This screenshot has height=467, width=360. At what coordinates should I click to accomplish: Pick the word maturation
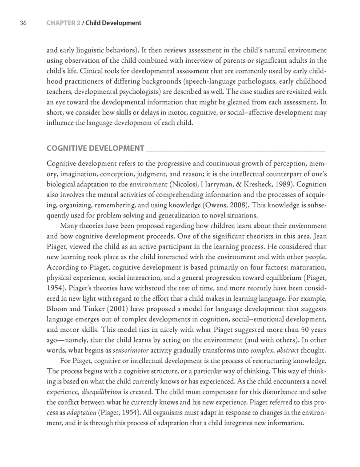[x=307, y=258]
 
